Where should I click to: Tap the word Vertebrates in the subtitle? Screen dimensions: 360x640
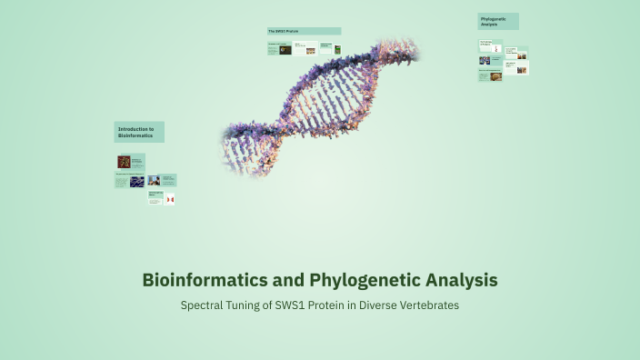[428, 305]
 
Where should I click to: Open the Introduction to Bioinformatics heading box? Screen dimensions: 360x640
[139, 132]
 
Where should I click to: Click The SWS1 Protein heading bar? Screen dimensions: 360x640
[304, 31]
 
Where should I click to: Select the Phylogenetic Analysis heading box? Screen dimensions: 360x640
[498, 21]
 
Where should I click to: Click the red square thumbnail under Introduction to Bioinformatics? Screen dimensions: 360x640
[124, 162]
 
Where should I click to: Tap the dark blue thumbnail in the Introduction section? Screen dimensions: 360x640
[136, 181]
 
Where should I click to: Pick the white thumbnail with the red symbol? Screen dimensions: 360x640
[169, 198]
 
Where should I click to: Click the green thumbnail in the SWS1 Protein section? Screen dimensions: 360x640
[337, 50]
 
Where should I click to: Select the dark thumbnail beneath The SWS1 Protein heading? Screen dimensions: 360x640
[285, 49]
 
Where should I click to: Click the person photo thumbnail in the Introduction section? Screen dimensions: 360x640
[154, 180]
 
